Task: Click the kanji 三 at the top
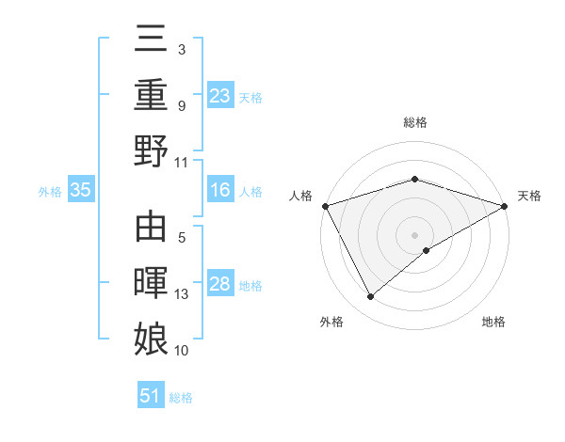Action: coord(151,40)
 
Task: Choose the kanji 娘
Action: coord(151,337)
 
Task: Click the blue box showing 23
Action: coord(220,95)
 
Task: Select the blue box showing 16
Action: coord(220,191)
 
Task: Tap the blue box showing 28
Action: coord(220,285)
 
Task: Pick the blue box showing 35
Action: coord(81,191)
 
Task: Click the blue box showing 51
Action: coord(151,396)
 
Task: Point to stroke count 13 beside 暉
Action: coord(182,294)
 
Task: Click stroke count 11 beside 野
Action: coord(182,161)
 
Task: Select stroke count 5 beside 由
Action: coord(182,240)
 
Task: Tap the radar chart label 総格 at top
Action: coord(414,122)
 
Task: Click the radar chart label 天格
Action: coord(530,196)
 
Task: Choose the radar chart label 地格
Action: coord(493,323)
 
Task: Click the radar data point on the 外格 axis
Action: coord(371,297)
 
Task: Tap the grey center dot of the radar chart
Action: coord(414,234)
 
